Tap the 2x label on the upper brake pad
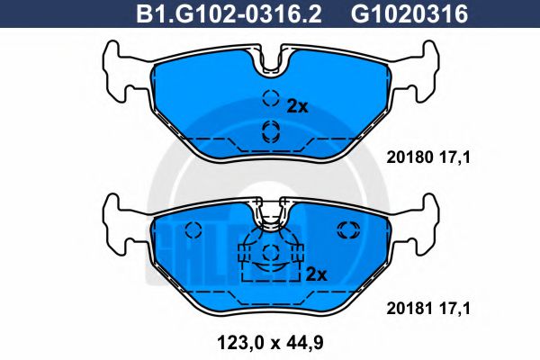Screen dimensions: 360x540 pyautogui.click(x=297, y=106)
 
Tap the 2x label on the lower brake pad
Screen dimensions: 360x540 pyautogui.click(x=315, y=272)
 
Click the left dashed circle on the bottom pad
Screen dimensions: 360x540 pyautogui.click(x=193, y=229)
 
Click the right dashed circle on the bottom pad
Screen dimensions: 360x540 pyautogui.click(x=346, y=229)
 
